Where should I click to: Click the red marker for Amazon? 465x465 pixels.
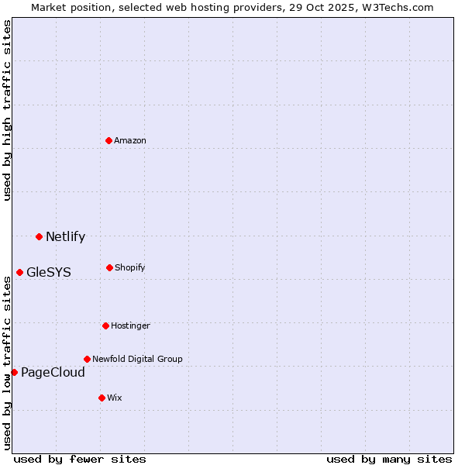coord(109,140)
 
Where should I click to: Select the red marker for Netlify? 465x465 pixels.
coord(39,236)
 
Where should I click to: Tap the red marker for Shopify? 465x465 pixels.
coord(109,267)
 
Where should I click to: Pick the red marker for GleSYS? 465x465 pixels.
coord(19,272)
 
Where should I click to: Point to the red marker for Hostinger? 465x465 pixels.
coord(105,325)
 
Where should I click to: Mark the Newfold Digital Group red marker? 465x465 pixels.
coord(87,359)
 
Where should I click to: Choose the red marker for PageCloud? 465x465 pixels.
coord(14,372)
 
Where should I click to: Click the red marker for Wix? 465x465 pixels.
coord(102,398)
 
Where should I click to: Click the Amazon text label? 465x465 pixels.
coord(130,140)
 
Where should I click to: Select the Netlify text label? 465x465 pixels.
coord(65,237)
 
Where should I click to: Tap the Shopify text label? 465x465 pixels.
coord(130,267)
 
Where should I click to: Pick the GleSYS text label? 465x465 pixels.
coord(48,273)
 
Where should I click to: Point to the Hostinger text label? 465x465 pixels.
coord(130,325)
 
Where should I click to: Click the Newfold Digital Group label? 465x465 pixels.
coord(137,359)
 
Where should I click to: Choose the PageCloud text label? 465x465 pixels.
coord(53,373)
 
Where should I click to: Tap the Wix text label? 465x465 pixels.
coord(115,398)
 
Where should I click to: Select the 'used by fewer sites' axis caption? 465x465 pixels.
coord(80,459)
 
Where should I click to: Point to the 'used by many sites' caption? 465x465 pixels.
coord(389,459)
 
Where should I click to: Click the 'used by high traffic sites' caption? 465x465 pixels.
coord(7,110)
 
